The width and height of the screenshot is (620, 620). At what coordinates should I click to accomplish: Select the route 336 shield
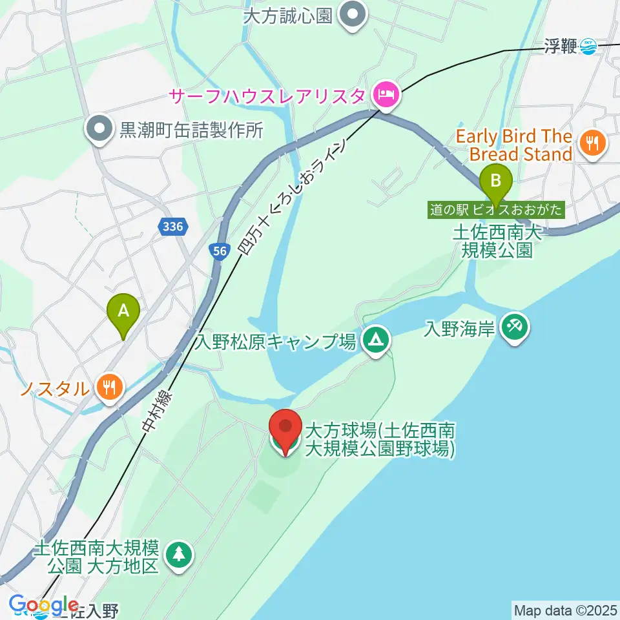[x=174, y=227]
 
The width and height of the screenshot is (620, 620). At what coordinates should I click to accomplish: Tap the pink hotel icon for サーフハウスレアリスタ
[x=386, y=96]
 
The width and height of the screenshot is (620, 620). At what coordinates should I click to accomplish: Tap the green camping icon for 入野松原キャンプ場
[x=375, y=339]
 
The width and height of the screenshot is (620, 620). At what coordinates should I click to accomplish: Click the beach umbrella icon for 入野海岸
[x=515, y=327]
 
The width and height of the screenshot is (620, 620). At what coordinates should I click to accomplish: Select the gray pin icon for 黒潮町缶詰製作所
[x=100, y=129]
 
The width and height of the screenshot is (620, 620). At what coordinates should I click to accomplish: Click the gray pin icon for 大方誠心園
[x=353, y=14]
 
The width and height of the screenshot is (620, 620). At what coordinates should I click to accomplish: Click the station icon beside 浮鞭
[x=588, y=46]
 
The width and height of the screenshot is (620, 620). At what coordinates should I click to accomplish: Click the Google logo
[x=44, y=605]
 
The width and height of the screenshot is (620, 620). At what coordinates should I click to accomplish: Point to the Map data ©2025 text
[x=566, y=609]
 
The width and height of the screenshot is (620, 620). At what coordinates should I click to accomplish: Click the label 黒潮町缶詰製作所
[x=191, y=130]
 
